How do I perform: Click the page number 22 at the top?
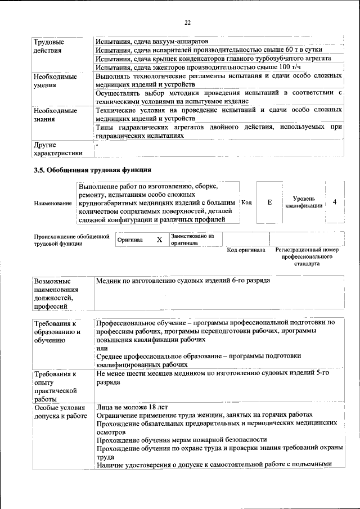tap(188, 22)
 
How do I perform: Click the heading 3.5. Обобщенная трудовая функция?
tap(92, 169)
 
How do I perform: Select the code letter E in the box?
tap(270, 202)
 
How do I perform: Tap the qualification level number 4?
tap(335, 202)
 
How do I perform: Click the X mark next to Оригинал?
tap(159, 240)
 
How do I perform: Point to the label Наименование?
tap(53, 202)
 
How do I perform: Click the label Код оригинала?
tap(246, 250)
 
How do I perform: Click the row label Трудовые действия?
tap(49, 46)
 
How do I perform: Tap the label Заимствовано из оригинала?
tap(192, 240)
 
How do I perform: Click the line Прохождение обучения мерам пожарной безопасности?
tap(181, 439)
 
